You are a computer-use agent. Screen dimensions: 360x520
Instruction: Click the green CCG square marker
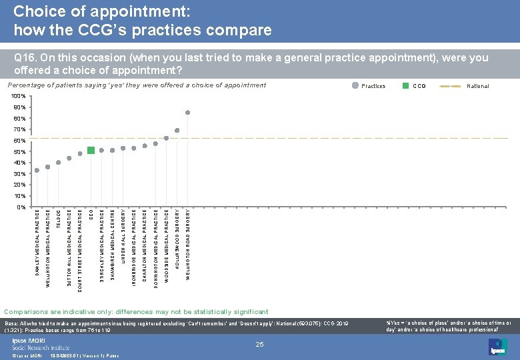click(91, 150)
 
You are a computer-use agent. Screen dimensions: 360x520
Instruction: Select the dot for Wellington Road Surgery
click(188, 113)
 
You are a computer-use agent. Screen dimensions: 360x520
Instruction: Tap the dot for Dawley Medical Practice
click(37, 171)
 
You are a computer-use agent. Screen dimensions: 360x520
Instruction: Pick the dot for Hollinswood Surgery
click(177, 130)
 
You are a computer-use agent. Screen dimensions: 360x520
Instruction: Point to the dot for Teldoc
click(59, 163)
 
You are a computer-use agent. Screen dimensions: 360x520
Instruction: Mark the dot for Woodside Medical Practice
click(166, 139)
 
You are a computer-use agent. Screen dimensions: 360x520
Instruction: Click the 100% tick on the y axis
click(19, 97)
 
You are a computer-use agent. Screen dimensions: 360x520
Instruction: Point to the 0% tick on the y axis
click(21, 207)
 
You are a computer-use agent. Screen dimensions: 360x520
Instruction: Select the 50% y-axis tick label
click(20, 152)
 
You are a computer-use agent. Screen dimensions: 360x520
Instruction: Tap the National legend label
click(477, 86)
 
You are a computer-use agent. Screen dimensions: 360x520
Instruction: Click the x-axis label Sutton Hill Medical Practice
click(69, 239)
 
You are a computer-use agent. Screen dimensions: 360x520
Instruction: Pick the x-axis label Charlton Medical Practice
click(145, 239)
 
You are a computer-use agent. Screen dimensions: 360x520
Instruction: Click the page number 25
click(260, 344)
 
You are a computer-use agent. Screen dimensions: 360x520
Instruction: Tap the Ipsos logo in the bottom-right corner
click(497, 346)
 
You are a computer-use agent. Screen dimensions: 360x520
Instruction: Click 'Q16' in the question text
click(24, 58)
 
